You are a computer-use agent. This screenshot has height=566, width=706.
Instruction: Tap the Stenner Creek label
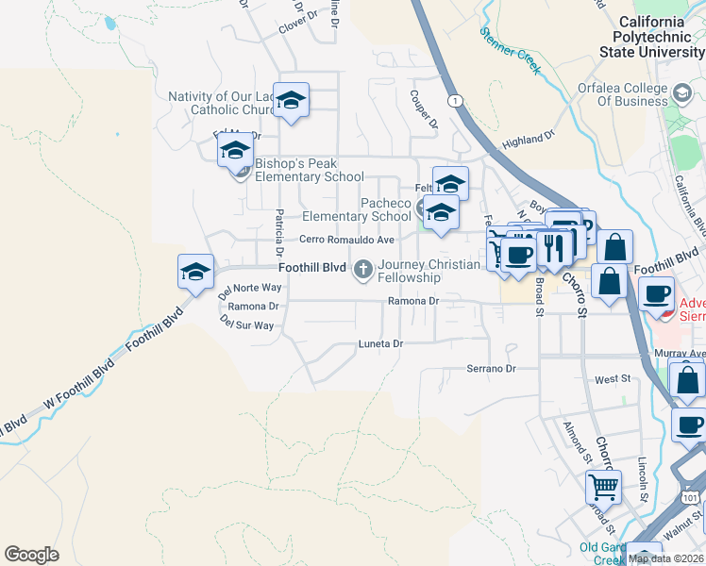509,44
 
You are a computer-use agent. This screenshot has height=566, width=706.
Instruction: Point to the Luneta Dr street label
380,344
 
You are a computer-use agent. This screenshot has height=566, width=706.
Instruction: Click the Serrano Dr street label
493,369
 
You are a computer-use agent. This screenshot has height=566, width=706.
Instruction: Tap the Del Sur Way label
246,324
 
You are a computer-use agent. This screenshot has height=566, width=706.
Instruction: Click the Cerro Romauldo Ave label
346,241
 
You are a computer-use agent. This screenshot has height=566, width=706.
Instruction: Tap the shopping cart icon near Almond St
603,488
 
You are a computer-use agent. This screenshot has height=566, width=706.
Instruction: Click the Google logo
31,555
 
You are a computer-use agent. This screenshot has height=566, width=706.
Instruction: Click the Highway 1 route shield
457,100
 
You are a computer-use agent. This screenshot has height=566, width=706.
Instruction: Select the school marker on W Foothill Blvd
195,273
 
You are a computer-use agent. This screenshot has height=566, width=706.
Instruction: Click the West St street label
612,379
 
